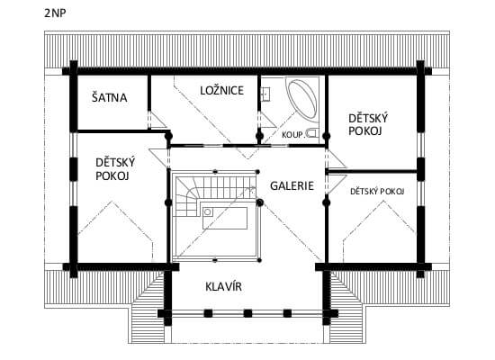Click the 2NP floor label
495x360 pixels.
[x=55, y=13]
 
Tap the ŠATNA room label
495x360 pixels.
[x=109, y=97]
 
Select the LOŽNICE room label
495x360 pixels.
[x=222, y=91]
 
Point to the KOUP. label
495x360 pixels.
[x=292, y=135]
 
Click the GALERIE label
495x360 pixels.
[x=292, y=185]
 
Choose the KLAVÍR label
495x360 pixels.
[x=223, y=287]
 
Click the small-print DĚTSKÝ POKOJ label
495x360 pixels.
[x=377, y=192]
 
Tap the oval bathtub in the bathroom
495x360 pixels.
[x=302, y=99]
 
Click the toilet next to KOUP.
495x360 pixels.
[x=312, y=133]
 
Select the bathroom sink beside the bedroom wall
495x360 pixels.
[x=265, y=94]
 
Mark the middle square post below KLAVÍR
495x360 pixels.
[x=247, y=313]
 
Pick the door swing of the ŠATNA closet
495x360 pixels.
[x=157, y=120]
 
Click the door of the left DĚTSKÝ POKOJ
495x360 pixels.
[x=157, y=157]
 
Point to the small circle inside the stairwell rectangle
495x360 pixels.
[x=207, y=211]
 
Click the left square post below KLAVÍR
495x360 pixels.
[x=208, y=313]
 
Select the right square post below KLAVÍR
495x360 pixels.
[x=287, y=313]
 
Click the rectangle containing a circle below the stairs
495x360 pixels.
[x=225, y=218]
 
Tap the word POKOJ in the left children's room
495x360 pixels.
[x=112, y=175]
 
